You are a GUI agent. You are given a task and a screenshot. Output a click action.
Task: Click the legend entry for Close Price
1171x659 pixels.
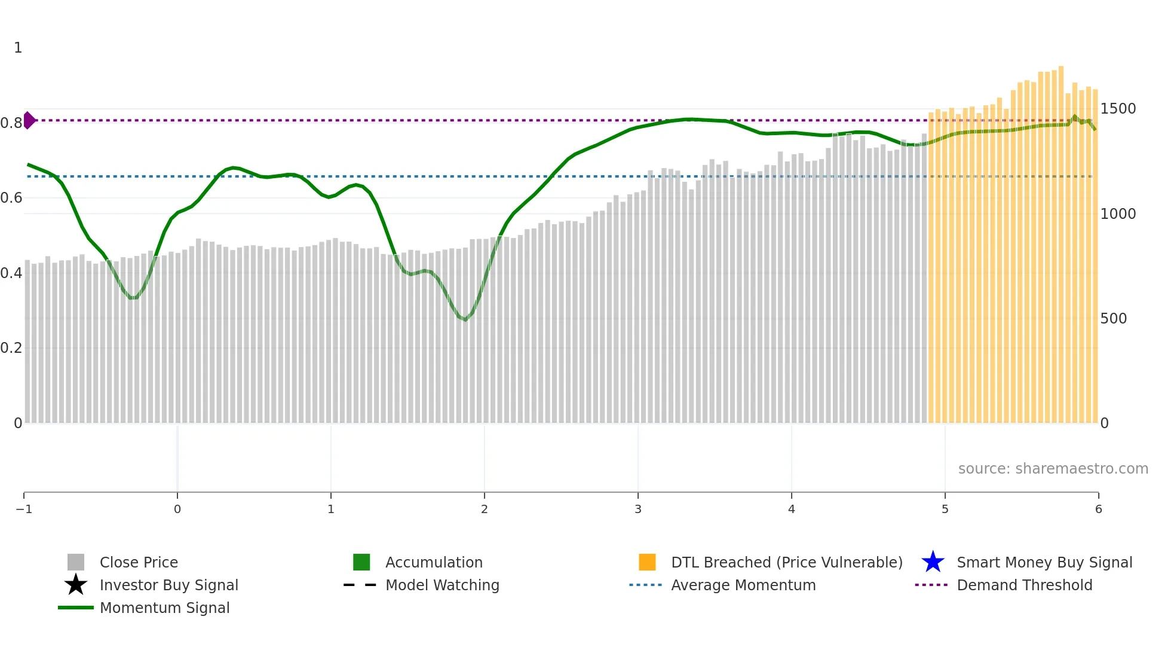click(138, 562)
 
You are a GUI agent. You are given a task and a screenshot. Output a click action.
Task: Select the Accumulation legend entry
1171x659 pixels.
click(433, 562)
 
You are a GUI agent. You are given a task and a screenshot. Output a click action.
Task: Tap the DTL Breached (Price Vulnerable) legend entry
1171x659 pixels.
click(786, 562)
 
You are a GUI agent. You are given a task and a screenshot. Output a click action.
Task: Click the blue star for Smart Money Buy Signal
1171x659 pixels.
click(933, 562)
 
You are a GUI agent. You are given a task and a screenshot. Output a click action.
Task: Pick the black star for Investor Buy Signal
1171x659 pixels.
click(76, 585)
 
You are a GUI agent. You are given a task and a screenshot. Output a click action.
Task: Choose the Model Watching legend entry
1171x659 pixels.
click(442, 585)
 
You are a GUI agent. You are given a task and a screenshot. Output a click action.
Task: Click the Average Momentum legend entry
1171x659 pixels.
click(743, 585)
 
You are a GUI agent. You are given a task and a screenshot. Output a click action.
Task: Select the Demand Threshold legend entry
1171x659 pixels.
click(1024, 585)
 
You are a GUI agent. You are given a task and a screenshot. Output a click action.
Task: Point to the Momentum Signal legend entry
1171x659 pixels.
click(164, 608)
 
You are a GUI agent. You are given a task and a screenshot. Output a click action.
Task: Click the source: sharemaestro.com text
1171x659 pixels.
click(1053, 468)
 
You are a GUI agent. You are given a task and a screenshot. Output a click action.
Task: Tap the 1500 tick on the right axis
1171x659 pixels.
click(1118, 109)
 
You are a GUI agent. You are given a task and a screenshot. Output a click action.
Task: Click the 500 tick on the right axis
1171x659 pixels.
click(1114, 318)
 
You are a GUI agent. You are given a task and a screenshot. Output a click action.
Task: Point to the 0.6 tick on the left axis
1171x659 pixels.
click(11, 197)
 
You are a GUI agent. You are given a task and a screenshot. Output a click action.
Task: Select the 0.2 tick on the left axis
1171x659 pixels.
click(11, 347)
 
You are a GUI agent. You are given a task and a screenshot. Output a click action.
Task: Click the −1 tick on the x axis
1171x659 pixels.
click(24, 509)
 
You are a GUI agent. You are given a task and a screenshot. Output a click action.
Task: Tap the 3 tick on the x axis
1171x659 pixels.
click(638, 509)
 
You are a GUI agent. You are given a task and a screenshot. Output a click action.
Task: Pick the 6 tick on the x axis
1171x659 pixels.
click(1098, 509)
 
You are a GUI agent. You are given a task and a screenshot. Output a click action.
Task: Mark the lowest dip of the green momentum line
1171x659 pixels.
click(465, 319)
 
